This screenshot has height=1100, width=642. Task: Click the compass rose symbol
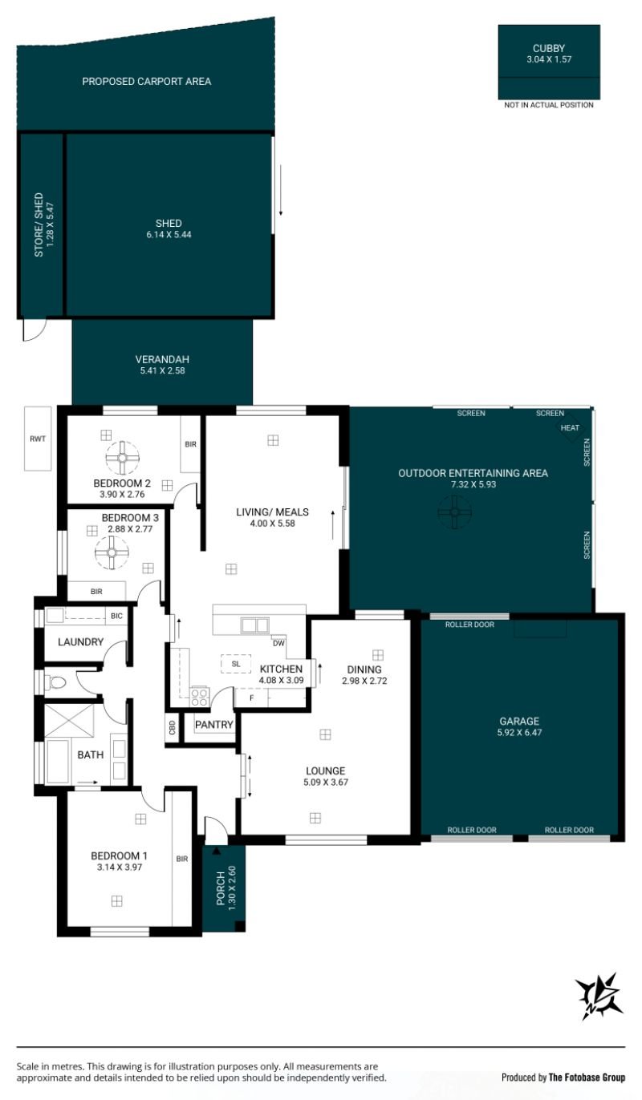(599, 997)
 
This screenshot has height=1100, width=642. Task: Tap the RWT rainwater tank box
(38, 439)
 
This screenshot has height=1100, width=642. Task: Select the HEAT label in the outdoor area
(570, 427)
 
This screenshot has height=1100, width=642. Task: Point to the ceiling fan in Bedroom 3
(112, 553)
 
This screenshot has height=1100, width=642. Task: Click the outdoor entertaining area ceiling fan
(454, 512)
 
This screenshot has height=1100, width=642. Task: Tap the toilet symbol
(55, 682)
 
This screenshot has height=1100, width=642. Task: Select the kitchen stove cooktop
(200, 697)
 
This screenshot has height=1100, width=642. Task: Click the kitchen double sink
(254, 625)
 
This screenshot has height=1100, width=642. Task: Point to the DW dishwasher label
(278, 643)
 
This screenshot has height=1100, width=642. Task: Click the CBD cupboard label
(172, 726)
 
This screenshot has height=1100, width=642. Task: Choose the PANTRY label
(213, 724)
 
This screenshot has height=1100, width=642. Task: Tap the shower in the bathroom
(69, 721)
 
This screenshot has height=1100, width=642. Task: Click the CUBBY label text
(549, 48)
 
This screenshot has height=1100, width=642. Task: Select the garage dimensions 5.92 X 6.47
(519, 732)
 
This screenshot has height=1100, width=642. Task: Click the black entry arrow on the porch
(216, 851)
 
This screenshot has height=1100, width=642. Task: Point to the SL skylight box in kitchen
(236, 664)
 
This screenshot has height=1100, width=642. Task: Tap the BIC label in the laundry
(116, 616)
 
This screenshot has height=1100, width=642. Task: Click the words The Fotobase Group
(587, 1078)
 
